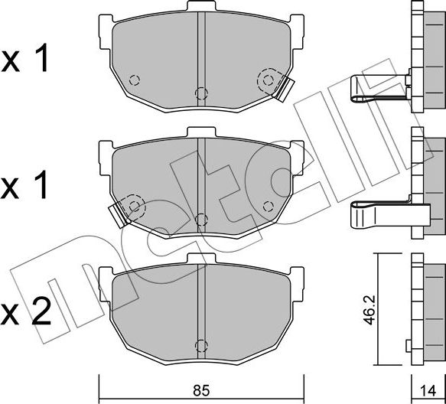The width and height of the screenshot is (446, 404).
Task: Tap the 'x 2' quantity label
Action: [x=28, y=311]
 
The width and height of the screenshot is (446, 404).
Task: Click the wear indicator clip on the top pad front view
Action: [x=284, y=88]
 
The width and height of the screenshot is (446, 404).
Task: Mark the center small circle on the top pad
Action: [x=200, y=93]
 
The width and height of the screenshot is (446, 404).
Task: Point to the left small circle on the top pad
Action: [x=134, y=80]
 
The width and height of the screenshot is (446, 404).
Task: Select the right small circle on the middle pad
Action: [x=267, y=205]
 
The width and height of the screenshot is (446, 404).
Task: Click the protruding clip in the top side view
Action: [x=376, y=87]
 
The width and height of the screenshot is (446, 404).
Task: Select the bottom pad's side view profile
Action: [x=427, y=310]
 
